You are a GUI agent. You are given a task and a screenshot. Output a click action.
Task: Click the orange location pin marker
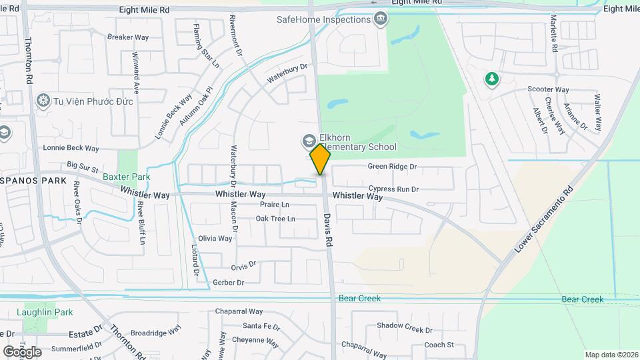[x=321, y=159]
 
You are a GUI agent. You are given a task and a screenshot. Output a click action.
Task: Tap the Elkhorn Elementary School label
[x=358, y=143]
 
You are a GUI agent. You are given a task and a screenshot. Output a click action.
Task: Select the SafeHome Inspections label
[x=324, y=19]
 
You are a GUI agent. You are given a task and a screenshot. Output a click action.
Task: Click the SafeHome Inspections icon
[x=381, y=19]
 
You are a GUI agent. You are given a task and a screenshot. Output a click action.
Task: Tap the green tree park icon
[x=491, y=79]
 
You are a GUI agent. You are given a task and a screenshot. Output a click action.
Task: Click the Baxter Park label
[x=127, y=177]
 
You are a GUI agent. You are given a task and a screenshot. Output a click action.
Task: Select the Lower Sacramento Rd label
[x=545, y=218]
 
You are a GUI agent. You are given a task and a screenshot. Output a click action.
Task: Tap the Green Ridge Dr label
[x=392, y=167]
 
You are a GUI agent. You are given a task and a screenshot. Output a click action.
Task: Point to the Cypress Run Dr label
[x=393, y=189]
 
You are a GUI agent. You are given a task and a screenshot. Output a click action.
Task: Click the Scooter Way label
[x=548, y=89]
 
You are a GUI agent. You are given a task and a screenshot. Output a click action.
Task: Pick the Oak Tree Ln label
[x=275, y=219]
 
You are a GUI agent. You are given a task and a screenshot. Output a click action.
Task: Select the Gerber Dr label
[x=229, y=283]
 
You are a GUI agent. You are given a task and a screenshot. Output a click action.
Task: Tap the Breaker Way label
[x=128, y=37]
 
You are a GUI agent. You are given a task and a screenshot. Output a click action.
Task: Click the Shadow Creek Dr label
[x=405, y=329]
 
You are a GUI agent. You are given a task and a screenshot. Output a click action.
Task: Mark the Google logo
[x=21, y=351]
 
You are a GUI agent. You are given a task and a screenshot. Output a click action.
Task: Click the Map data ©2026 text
[x=611, y=355]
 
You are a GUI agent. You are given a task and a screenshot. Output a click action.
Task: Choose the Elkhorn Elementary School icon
[x=309, y=140]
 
